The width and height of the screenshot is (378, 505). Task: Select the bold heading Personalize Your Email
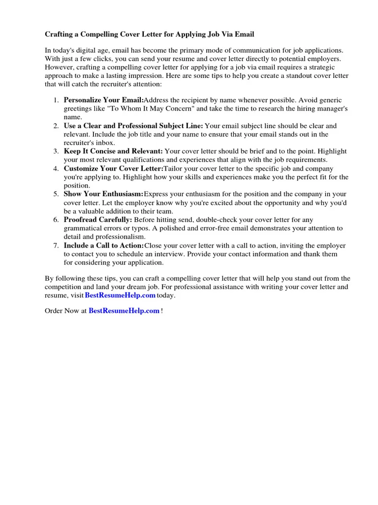point(103,100)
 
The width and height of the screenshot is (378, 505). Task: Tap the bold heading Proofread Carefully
point(98,219)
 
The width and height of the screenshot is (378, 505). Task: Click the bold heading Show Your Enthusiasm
point(103,194)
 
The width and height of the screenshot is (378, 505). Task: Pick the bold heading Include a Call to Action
point(104,245)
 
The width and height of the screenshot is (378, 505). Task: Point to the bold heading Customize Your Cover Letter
point(113,168)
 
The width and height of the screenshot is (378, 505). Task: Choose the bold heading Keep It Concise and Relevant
point(113,151)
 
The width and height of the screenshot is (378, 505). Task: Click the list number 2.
point(56,126)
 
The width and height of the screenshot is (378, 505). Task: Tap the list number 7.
point(56,245)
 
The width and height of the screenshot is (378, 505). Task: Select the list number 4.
point(56,168)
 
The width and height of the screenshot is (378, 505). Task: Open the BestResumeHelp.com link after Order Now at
point(124,311)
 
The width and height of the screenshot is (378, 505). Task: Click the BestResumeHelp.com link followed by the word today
point(120,295)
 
